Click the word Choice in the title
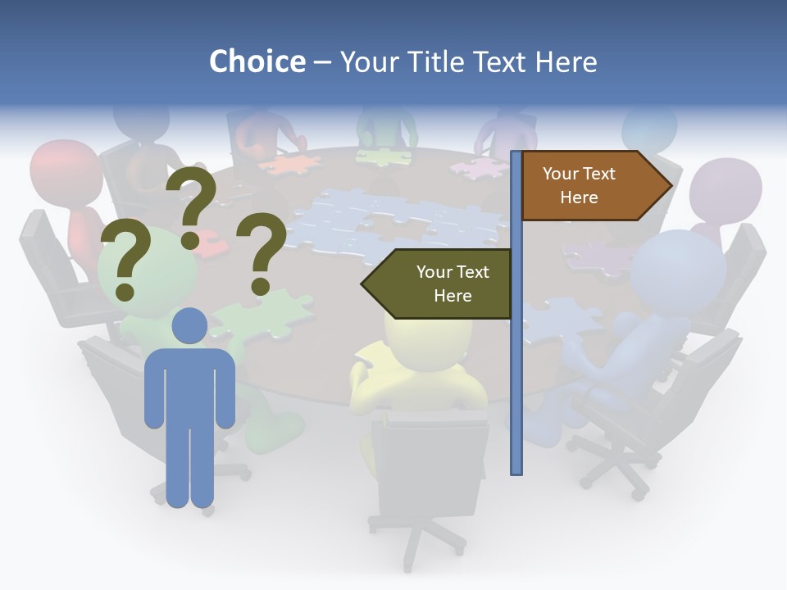[x=257, y=61]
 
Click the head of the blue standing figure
[x=189, y=326]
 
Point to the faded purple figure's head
[x=725, y=190]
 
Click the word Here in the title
[x=566, y=61]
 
